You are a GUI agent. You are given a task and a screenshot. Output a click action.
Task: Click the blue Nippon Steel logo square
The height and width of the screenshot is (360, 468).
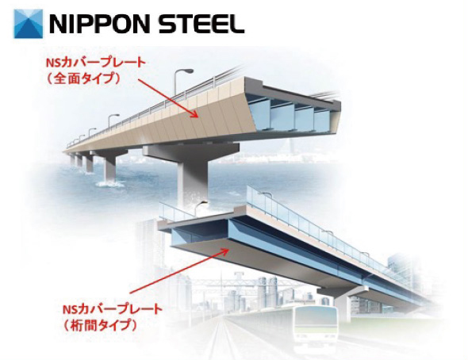click(x=29, y=24)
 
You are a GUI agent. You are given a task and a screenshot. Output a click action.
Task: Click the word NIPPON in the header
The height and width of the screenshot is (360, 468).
click(x=99, y=24)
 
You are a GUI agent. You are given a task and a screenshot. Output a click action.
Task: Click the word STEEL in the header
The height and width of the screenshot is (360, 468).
click(x=201, y=24)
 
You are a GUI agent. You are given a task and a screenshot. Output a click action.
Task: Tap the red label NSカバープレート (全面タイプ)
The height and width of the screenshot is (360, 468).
click(x=95, y=71)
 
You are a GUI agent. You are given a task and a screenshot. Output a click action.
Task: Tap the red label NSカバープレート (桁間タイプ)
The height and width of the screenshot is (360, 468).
click(x=112, y=316)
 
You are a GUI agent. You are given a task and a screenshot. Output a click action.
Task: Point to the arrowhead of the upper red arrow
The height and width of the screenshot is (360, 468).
click(x=195, y=115)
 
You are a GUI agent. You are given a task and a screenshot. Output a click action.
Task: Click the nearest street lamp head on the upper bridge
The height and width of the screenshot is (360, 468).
click(x=187, y=71)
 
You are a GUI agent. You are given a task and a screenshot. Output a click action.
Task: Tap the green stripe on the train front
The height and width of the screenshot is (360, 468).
click(x=316, y=329)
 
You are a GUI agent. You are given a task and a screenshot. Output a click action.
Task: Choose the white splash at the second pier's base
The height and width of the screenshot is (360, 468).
click(x=109, y=184)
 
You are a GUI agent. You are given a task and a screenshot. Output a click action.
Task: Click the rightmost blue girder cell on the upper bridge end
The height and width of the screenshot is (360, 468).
click(x=322, y=120)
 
